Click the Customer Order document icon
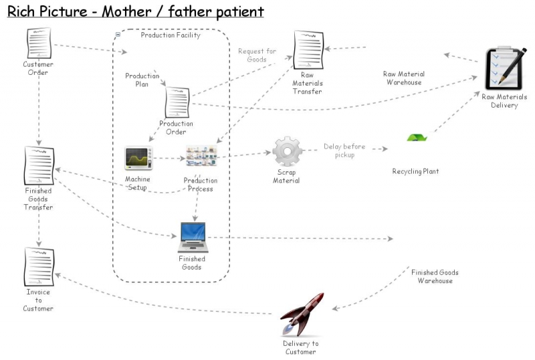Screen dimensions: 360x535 coord(39,43)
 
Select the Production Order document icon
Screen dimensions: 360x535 coord(177,102)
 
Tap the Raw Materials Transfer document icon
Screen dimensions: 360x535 coord(308,51)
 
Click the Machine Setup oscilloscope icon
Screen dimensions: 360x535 coord(138,159)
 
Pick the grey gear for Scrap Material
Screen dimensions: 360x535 coord(287,151)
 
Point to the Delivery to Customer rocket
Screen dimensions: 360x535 coord(302,315)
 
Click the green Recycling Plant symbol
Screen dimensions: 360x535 coord(417,138)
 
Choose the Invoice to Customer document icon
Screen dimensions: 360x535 coord(39,267)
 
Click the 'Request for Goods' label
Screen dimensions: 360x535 coord(257,55)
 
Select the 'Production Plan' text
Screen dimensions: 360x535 coord(142,80)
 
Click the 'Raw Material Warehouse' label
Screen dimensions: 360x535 coord(403,78)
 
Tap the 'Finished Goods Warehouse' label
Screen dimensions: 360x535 coord(435,276)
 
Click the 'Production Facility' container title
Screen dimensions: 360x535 coord(170,35)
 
